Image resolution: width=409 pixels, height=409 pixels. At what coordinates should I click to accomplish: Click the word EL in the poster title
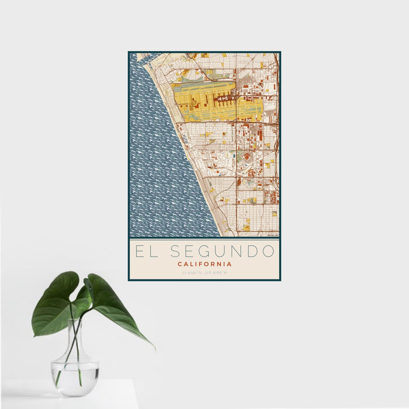coord(145,252)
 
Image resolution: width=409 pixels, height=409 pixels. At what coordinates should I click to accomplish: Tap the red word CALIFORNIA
coord(204,264)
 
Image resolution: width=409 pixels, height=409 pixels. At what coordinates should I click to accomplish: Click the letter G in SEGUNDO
coord(206,252)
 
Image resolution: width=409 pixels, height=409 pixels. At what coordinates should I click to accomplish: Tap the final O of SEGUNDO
coord(268,252)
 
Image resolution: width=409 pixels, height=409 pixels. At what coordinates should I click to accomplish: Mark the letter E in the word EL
coord(140,252)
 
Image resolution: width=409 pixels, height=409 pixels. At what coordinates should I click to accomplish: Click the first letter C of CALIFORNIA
coord(179,264)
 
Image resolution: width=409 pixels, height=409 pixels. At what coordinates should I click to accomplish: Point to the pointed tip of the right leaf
coord(154,348)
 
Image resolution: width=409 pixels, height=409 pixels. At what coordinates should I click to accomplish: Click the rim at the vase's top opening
coord(75,320)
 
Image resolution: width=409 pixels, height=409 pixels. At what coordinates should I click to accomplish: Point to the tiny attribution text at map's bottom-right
coord(272,235)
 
